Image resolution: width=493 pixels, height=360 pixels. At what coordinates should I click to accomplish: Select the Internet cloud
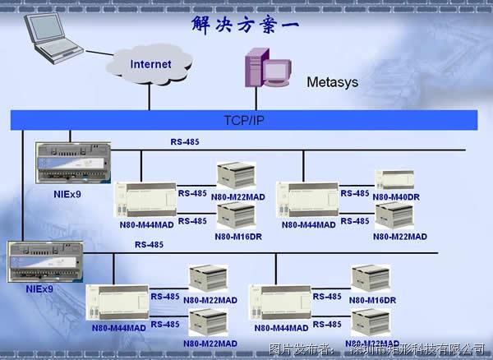click(150, 64)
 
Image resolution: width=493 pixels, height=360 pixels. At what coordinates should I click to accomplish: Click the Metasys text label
click(333, 82)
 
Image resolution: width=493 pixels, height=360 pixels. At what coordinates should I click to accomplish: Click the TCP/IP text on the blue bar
click(244, 120)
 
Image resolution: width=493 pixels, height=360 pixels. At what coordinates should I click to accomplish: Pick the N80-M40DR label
click(396, 197)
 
